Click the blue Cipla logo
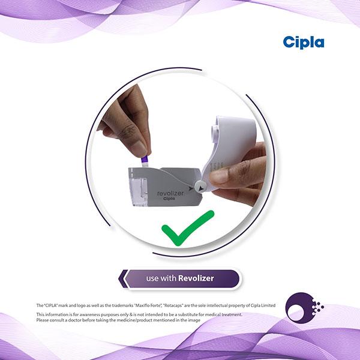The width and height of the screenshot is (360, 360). tap(304, 43)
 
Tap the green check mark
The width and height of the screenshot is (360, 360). tap(188, 228)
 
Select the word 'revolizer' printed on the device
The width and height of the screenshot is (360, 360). tap(170, 193)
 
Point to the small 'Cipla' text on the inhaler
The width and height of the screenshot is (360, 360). tap(169, 199)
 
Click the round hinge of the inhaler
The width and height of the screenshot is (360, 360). tap(200, 187)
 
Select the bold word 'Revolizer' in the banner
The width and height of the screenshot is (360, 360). tap(196, 278)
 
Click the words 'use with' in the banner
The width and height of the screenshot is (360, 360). tap(161, 278)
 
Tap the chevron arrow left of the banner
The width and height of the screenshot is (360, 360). tap(123, 279)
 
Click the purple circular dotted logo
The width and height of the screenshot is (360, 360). tap(304, 308)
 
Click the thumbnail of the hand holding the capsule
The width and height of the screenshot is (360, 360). tap(140, 148)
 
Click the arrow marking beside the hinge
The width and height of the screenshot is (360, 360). tap(191, 188)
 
